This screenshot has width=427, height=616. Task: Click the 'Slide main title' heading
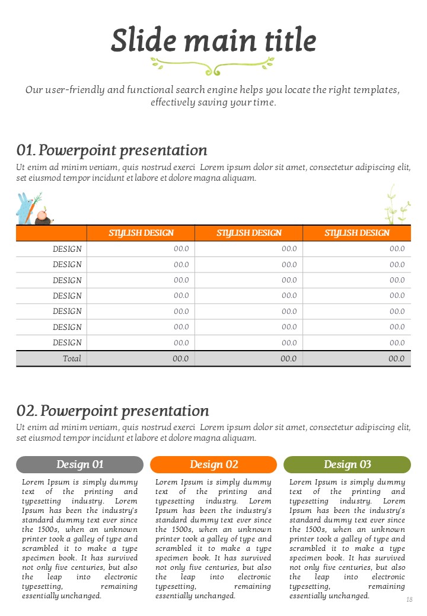[x=213, y=40]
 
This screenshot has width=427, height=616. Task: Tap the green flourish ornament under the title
[x=212, y=65]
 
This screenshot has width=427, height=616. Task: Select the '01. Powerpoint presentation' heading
[x=112, y=150]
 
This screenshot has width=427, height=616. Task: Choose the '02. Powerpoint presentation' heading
[x=113, y=410]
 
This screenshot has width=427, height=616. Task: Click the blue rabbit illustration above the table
[x=24, y=210]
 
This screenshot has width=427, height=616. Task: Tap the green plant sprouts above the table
[x=394, y=206]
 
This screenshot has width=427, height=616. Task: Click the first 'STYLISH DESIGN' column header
[x=141, y=233]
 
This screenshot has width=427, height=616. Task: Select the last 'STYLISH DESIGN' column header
[x=356, y=233]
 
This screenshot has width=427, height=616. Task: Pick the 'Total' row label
[x=72, y=358]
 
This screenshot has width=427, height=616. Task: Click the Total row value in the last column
[x=396, y=358]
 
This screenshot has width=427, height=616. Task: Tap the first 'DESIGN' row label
[x=67, y=249]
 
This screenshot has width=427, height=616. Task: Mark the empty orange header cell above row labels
[x=51, y=233]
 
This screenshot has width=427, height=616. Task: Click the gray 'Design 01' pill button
[x=79, y=464]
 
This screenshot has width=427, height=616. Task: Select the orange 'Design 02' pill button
[x=213, y=464]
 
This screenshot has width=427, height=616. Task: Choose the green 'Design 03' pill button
[x=347, y=464]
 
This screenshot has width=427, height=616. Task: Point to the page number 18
[x=409, y=600]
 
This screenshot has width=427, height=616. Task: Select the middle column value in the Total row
[x=288, y=358]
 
